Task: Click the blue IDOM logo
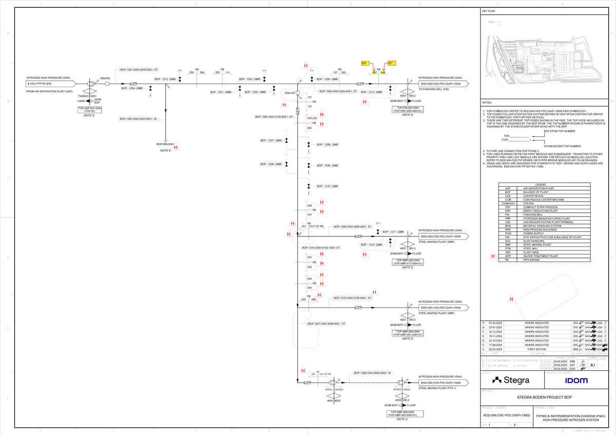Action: tap(572, 381)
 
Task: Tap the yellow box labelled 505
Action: tap(364, 63)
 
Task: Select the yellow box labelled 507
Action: tap(391, 63)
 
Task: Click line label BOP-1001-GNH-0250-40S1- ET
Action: tap(139, 69)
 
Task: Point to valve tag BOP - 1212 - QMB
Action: tap(165, 79)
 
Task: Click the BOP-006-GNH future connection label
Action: tap(165, 145)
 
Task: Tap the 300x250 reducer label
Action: tap(105, 78)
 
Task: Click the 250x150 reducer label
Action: tap(290, 93)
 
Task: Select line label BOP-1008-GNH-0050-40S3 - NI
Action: tap(372, 372)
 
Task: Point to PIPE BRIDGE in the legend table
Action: tap(532, 261)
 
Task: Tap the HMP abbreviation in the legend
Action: tap(507, 219)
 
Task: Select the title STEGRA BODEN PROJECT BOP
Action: tap(547, 398)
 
